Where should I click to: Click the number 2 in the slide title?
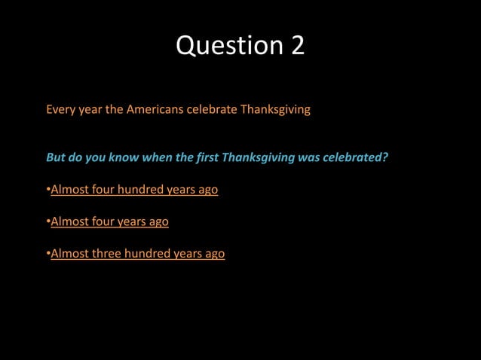tap(296, 45)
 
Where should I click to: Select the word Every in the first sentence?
tap(60, 109)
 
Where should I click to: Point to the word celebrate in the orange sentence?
tap(211, 109)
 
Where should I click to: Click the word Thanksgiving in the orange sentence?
tap(275, 110)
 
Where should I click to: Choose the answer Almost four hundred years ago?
tap(134, 190)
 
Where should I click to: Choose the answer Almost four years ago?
tap(109, 221)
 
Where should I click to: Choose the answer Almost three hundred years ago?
tap(137, 254)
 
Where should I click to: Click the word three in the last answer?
tap(106, 254)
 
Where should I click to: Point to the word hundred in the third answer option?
tap(148, 254)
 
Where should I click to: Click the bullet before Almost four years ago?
tap(47, 222)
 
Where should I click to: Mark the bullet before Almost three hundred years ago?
tap(47, 255)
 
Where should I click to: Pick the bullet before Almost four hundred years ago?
tap(47, 191)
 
